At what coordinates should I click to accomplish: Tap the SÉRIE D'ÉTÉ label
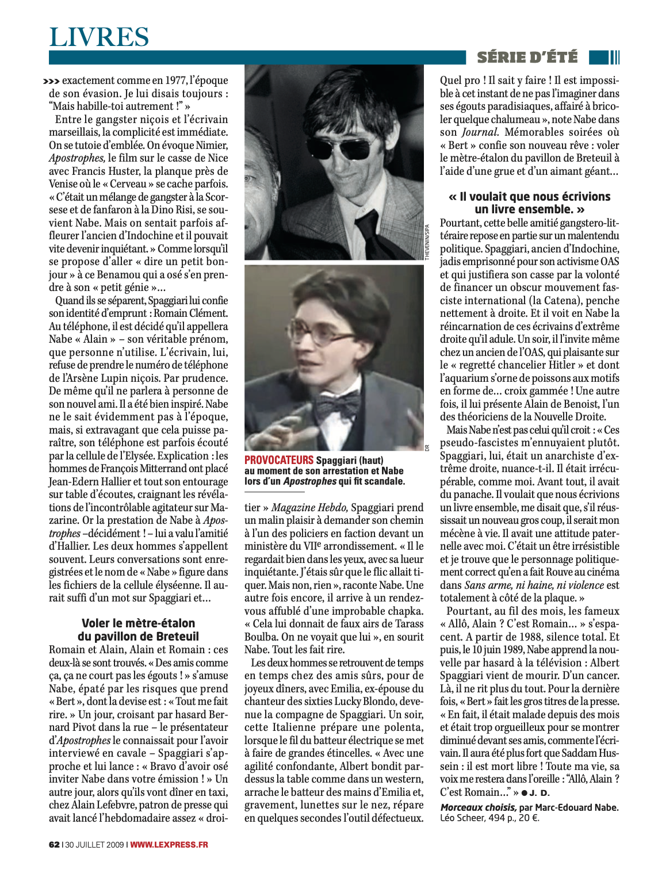coord(527,57)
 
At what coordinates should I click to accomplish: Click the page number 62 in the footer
coord(54,844)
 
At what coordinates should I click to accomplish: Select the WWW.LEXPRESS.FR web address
coord(169,844)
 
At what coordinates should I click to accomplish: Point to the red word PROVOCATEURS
coord(279,460)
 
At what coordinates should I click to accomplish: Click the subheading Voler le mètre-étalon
coord(138,623)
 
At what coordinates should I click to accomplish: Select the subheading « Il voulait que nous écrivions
coord(529,197)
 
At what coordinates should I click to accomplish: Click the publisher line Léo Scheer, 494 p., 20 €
coord(489,818)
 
